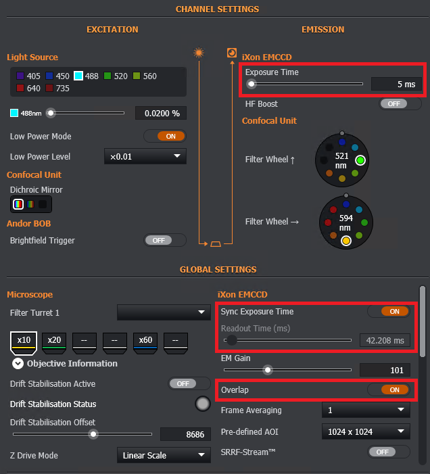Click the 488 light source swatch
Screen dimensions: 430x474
(78, 76)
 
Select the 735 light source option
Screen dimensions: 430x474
(57, 89)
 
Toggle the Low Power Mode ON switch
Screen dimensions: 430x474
(165, 137)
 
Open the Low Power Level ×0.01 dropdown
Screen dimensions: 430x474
(145, 156)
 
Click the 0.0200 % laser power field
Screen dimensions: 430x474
(161, 114)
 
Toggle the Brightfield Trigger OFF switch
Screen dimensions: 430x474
(165, 240)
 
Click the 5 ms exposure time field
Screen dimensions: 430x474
(396, 84)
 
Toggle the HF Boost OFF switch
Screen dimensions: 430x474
(400, 104)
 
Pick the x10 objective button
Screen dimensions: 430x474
(24, 343)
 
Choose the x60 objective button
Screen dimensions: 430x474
(145, 343)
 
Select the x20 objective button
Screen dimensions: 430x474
(54, 343)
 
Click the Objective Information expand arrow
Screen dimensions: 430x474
(18, 363)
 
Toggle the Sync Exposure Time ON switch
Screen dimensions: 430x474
(389, 311)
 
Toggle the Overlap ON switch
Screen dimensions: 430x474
(389, 389)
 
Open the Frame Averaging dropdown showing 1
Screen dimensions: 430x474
(366, 410)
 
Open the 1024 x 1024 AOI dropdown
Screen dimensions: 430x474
(366, 431)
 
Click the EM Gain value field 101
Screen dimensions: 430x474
(385, 370)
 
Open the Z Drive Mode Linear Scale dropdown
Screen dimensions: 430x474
(164, 455)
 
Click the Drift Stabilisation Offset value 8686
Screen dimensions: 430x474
(185, 434)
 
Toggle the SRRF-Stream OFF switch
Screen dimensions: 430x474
(389, 452)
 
